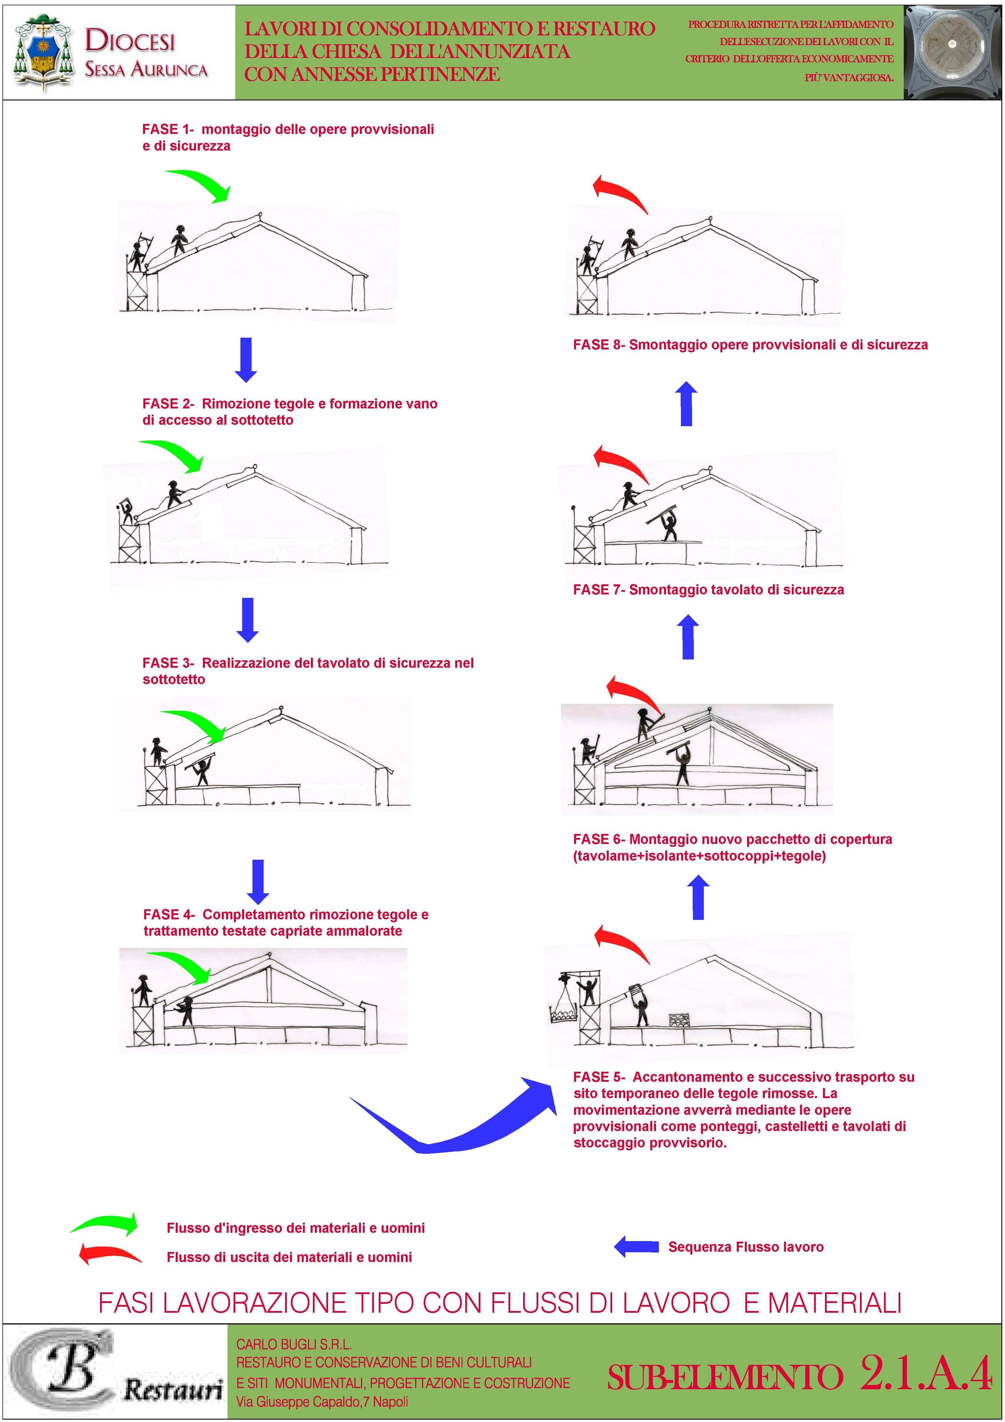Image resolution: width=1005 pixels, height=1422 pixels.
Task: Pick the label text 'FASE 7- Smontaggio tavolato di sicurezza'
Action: pos(708,590)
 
